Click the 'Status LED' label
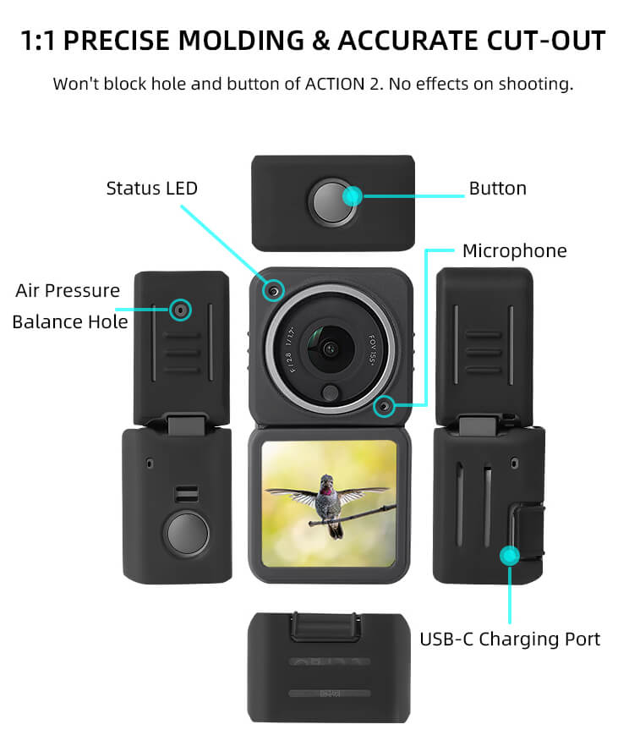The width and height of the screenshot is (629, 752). tap(151, 188)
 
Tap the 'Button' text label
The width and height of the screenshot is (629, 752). tap(497, 188)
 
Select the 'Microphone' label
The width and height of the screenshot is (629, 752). tap(514, 251)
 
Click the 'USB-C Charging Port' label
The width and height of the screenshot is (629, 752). tap(510, 639)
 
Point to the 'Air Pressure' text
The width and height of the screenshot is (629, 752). tap(68, 291)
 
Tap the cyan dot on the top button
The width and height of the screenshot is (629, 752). tap(353, 196)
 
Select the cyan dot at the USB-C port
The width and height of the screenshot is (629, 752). tap(509, 556)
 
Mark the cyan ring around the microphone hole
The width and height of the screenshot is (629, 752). tap(385, 407)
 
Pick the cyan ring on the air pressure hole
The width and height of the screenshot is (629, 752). tap(179, 310)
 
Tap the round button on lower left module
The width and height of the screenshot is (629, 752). tap(183, 533)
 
